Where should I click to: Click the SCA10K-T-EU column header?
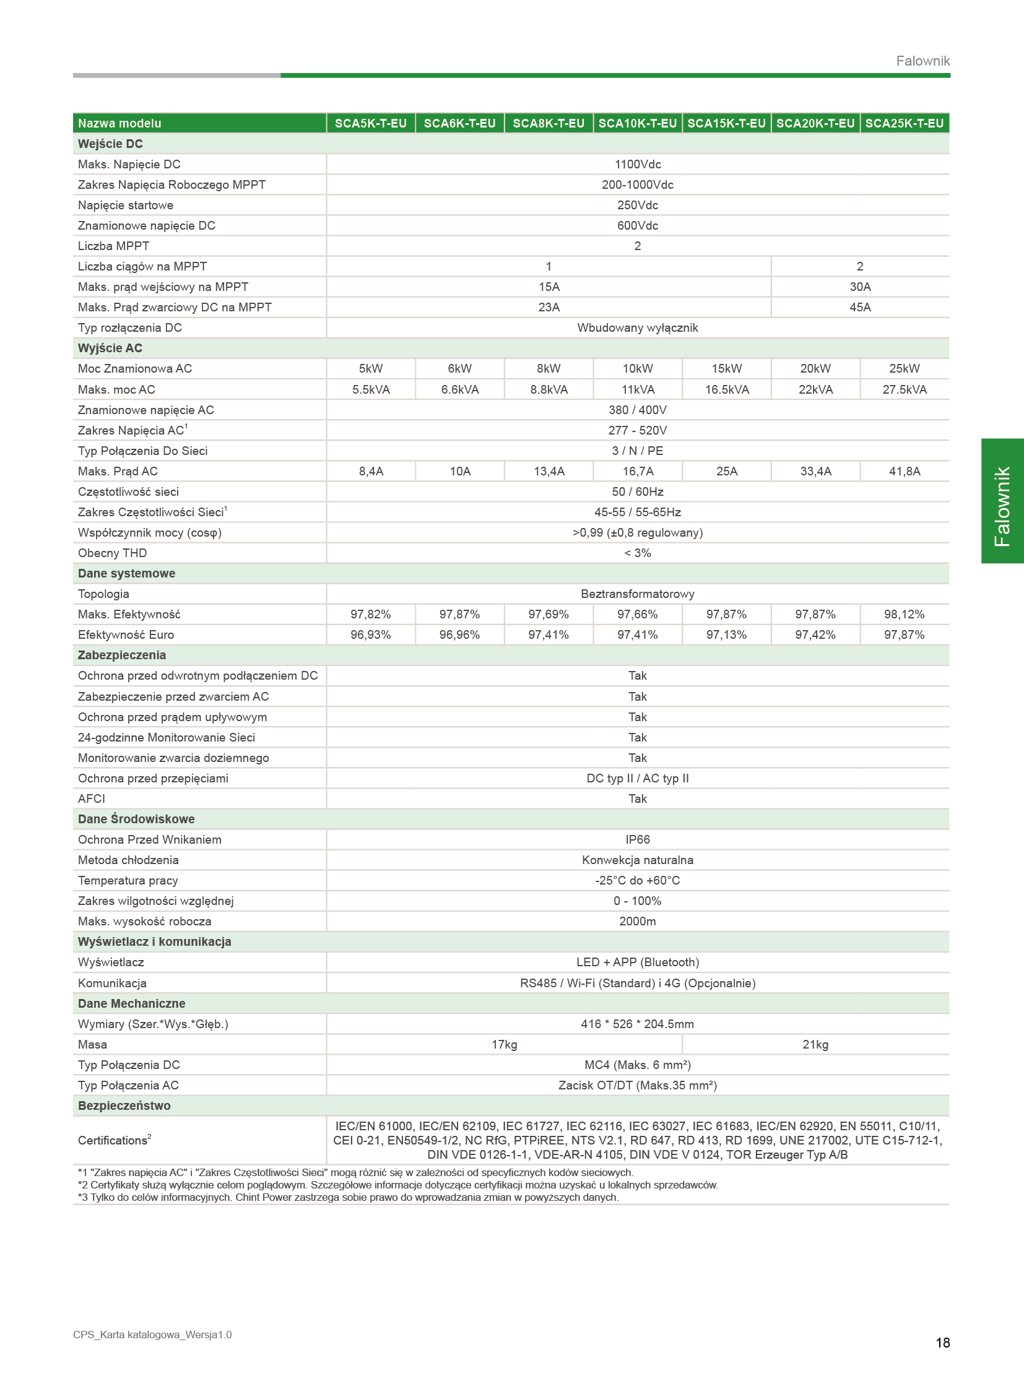pyautogui.click(x=637, y=123)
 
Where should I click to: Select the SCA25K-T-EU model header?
pyautogui.click(x=904, y=123)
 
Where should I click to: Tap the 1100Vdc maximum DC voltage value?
pyautogui.click(x=637, y=164)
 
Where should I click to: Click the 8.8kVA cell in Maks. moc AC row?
pyautogui.click(x=549, y=389)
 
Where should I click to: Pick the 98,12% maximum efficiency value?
pyautogui.click(x=904, y=614)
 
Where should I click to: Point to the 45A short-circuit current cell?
pyautogui.click(x=860, y=308)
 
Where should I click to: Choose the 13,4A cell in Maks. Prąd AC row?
pyautogui.click(x=549, y=471)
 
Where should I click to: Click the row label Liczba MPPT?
pyautogui.click(x=113, y=246)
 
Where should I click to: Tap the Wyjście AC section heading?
pyautogui.click(x=110, y=348)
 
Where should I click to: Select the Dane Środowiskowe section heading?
pyautogui.click(x=136, y=819)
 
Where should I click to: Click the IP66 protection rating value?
pyautogui.click(x=637, y=839)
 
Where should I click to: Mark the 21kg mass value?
pyautogui.click(x=815, y=1044)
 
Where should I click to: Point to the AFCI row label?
pyautogui.click(x=92, y=798)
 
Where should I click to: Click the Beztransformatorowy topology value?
pyautogui.click(x=637, y=594)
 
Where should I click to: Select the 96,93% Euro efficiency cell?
pyautogui.click(x=371, y=634)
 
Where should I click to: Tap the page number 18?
pyautogui.click(x=942, y=1343)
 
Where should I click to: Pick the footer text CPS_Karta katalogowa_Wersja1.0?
pyautogui.click(x=152, y=1335)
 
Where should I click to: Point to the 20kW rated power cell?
pyautogui.click(x=815, y=368)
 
